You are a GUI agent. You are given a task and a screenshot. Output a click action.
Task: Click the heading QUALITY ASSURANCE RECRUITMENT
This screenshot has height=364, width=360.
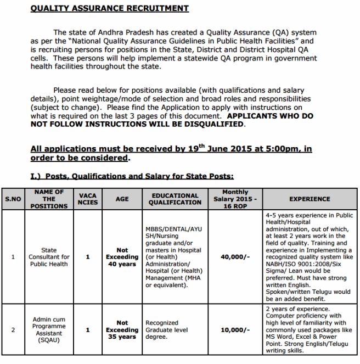110,9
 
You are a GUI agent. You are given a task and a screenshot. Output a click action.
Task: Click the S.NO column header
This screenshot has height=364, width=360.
13,199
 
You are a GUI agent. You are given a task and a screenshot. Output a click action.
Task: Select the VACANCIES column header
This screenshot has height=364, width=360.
88,199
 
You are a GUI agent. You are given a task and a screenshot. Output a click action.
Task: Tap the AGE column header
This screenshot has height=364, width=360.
122,199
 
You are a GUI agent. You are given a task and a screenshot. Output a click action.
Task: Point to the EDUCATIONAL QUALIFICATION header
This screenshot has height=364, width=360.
175,199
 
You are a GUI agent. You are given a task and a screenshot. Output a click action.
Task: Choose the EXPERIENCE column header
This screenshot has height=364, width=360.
310,199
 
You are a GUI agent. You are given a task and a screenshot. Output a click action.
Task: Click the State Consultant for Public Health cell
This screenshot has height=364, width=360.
49,257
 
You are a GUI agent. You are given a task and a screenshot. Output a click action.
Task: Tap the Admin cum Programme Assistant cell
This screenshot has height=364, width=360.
49,330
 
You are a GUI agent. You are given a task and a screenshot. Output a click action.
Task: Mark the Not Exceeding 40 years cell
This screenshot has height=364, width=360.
122,257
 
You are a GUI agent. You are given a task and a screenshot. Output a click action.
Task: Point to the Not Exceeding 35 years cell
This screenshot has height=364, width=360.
122,330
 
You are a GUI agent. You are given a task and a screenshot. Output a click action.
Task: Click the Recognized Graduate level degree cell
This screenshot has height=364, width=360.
167,330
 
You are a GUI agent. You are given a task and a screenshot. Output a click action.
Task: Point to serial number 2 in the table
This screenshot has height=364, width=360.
13,330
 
